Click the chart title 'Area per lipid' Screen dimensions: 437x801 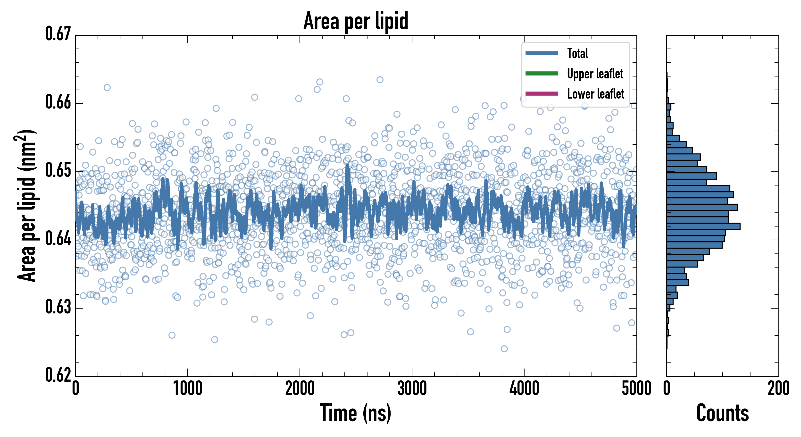tap(356, 21)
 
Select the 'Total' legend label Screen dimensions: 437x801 tap(577, 53)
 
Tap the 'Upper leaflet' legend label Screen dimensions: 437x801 tap(595, 74)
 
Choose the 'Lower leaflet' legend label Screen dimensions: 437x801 tap(595, 94)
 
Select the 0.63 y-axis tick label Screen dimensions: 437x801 tap(58, 307)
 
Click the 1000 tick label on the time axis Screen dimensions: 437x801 tap(187, 388)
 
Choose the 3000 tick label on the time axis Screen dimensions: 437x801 tap(412, 388)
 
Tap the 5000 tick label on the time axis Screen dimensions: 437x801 tap(636, 388)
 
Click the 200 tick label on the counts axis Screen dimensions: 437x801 tap(778, 388)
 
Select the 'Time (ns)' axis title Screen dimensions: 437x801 tap(356, 413)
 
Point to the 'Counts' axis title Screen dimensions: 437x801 tap(722, 413)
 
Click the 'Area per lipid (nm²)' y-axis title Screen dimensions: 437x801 tap(26, 206)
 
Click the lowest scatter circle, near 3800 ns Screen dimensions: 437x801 tap(504, 349)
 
